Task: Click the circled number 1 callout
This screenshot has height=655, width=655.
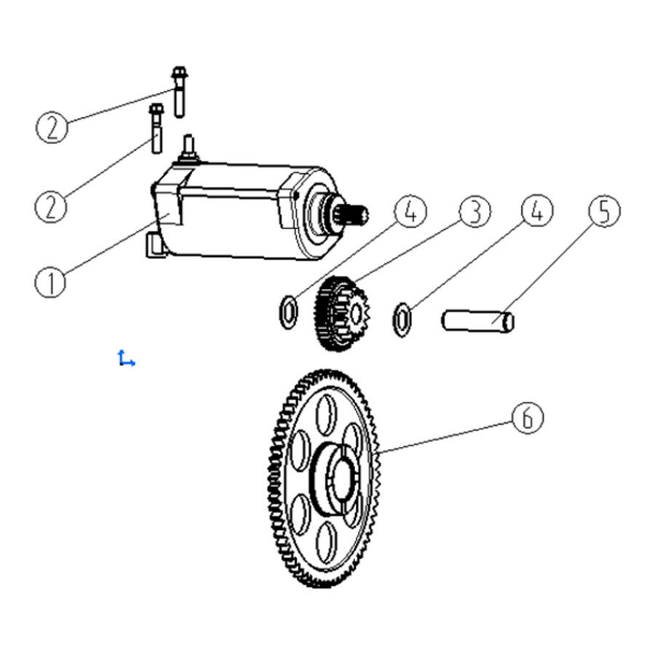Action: (x=50, y=282)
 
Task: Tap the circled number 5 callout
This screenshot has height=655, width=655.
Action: (x=604, y=211)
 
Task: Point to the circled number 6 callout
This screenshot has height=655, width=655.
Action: (x=528, y=417)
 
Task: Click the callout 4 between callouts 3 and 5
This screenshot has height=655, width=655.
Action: (x=537, y=210)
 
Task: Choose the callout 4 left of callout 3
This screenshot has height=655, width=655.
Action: (x=410, y=211)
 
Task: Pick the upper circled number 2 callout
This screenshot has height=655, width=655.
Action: (x=52, y=127)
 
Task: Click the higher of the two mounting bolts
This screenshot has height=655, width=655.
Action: (x=180, y=92)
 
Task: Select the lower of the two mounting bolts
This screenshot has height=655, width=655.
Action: (x=156, y=128)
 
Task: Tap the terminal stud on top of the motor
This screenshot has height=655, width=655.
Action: (x=188, y=147)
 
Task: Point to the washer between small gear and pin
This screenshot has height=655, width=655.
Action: (x=402, y=319)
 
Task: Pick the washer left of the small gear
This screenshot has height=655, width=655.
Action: (x=288, y=311)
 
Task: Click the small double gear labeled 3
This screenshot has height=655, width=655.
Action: (x=341, y=313)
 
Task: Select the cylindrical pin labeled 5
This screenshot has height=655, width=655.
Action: (x=478, y=322)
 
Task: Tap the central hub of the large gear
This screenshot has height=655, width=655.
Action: (x=336, y=478)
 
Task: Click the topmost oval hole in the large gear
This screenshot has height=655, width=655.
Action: (x=326, y=414)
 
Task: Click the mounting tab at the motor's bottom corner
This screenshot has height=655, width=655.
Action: (x=154, y=245)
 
